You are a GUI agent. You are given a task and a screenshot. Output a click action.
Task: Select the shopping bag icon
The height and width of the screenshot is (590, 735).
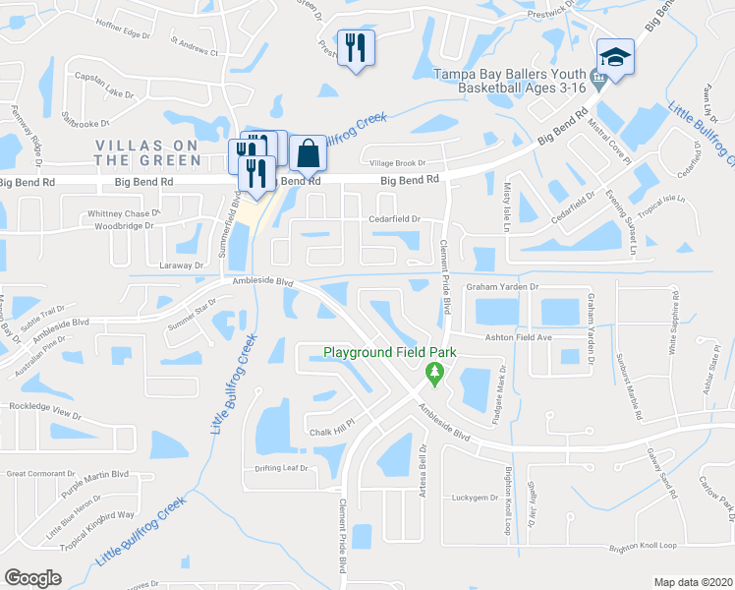click(308, 153)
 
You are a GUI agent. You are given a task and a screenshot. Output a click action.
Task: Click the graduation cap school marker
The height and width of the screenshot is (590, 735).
click(615, 56)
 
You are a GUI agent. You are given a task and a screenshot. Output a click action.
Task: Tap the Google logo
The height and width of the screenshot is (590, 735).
click(33, 578)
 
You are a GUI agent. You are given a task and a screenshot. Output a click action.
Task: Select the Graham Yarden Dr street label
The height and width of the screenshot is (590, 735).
click(503, 287)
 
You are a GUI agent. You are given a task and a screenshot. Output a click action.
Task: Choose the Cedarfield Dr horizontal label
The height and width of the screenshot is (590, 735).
click(394, 219)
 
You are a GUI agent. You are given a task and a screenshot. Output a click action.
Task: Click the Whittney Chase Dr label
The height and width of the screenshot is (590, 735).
click(123, 213)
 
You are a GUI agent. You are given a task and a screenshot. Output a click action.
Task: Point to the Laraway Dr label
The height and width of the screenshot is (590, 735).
click(178, 265)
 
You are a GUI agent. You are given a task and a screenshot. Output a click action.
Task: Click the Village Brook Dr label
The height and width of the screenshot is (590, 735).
click(398, 163)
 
